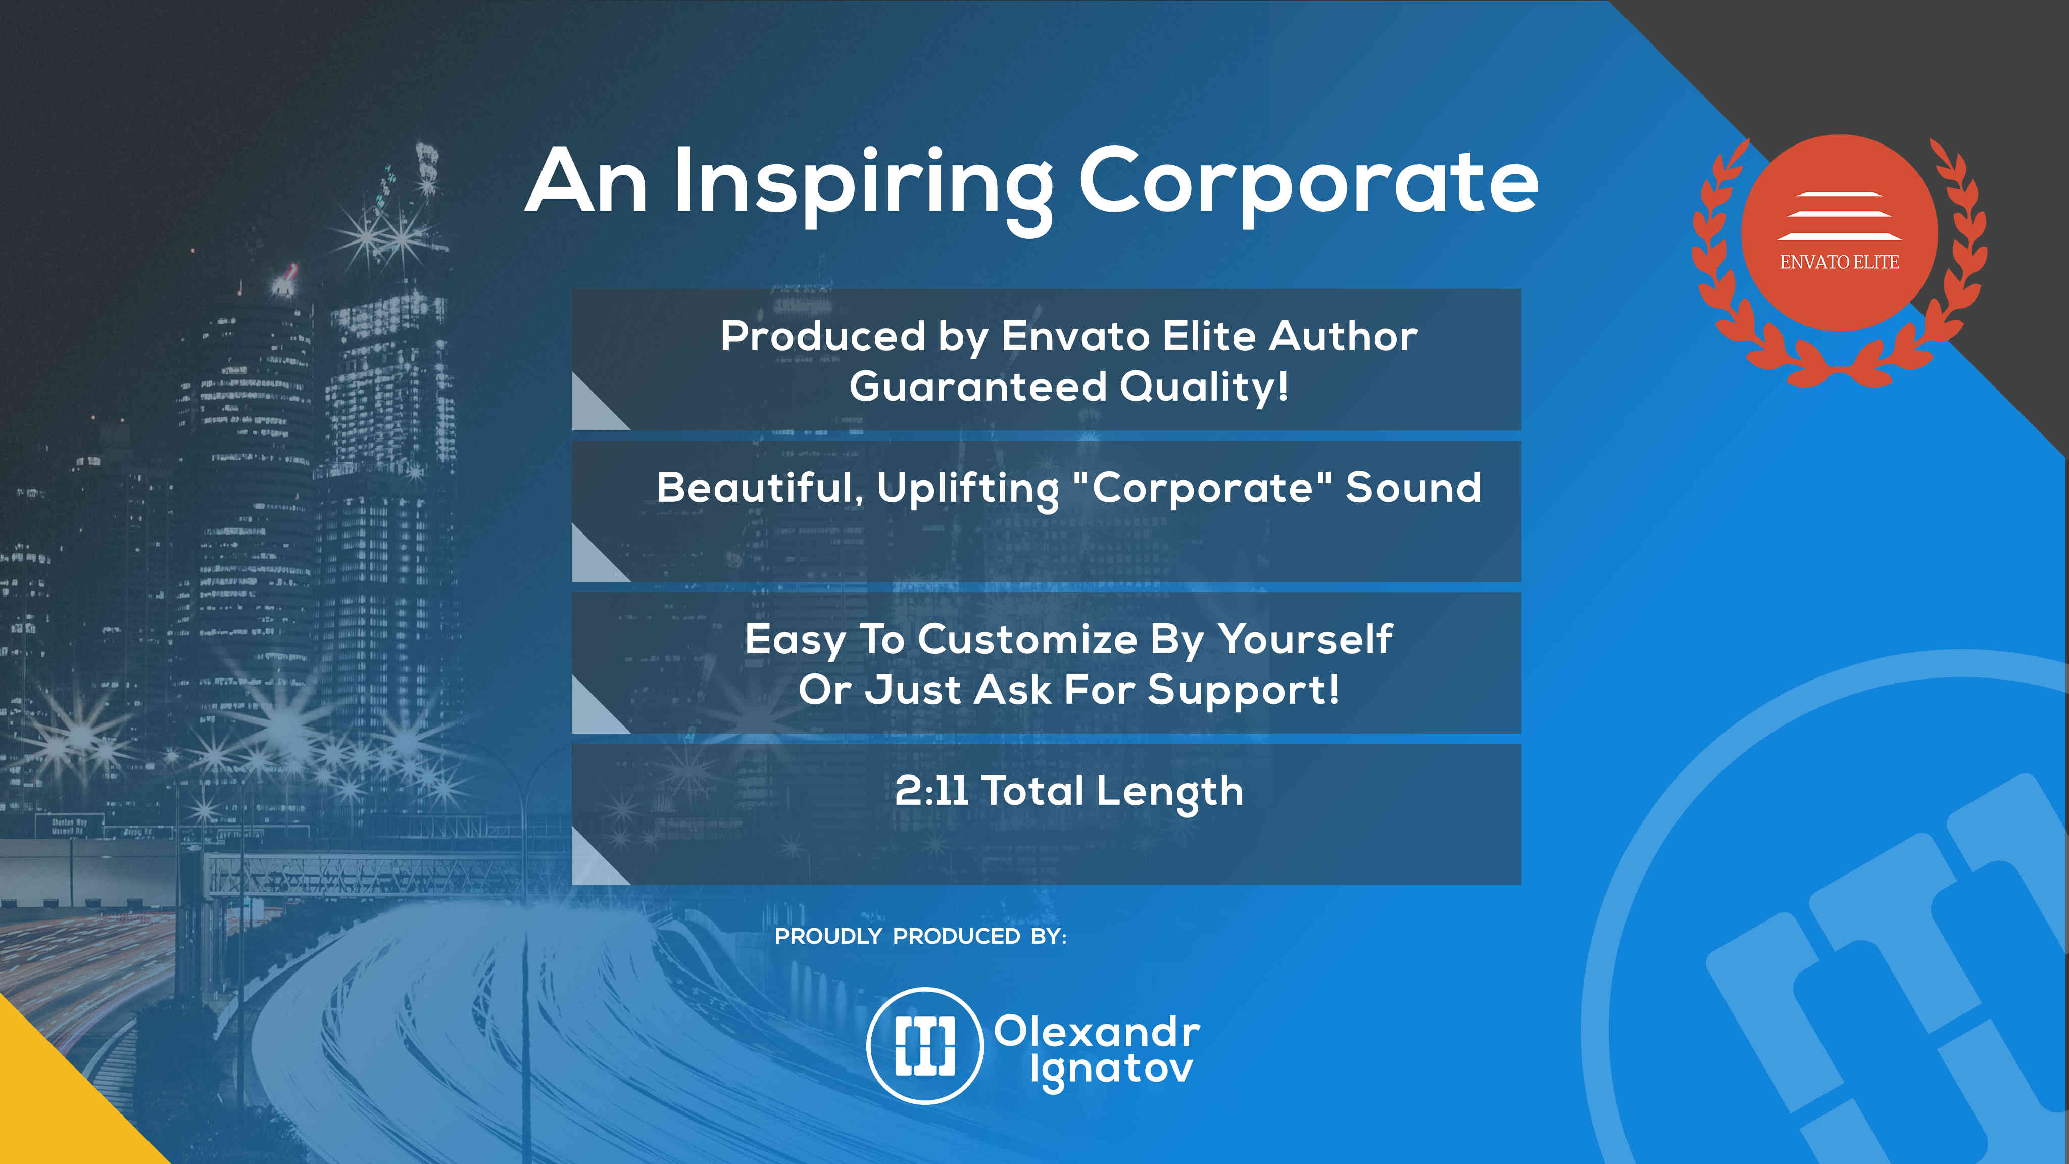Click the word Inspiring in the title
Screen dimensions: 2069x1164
pos(863,186)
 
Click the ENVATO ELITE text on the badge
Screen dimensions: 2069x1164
pos(1839,262)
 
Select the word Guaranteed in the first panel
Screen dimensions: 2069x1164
pos(978,386)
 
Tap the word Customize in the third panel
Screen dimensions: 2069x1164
pos(1028,640)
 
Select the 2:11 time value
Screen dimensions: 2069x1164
pos(931,791)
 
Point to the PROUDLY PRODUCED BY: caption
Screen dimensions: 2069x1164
pos(920,937)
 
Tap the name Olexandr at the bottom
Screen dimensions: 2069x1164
pos(1097,1032)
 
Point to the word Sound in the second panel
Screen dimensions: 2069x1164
pos(1414,488)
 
